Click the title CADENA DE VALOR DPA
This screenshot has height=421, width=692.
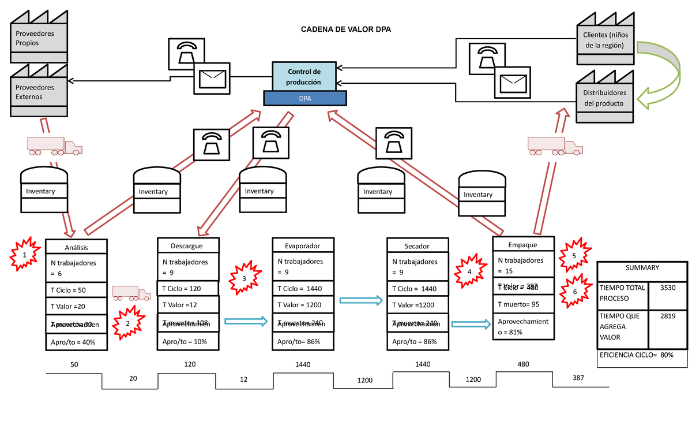(x=345, y=29)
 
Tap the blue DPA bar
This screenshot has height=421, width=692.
(x=305, y=98)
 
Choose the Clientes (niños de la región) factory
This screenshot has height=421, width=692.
(x=604, y=40)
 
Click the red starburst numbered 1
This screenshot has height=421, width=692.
(x=24, y=255)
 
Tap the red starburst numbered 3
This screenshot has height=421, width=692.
(x=244, y=278)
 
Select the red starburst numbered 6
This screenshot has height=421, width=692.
(x=574, y=292)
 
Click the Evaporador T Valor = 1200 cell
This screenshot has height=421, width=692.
(x=303, y=305)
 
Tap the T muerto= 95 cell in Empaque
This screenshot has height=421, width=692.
(x=523, y=305)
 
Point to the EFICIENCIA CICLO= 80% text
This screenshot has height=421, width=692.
(x=636, y=355)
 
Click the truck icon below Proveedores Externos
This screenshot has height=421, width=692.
(x=55, y=146)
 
